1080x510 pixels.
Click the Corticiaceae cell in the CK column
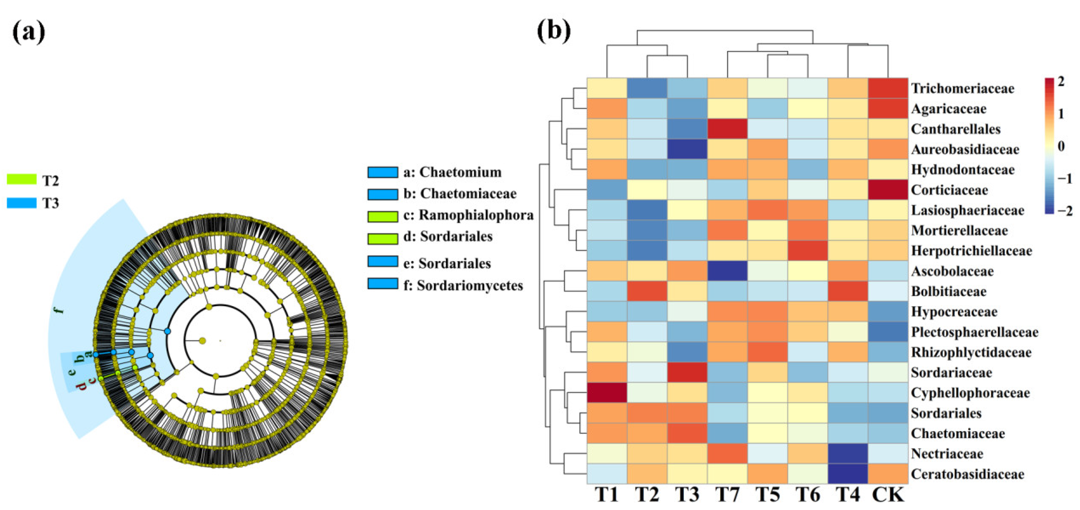(x=888, y=190)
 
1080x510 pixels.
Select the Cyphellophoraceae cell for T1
(x=607, y=393)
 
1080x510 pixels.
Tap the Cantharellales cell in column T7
(x=727, y=129)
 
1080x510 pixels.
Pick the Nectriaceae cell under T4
(x=848, y=453)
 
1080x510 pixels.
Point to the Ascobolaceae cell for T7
(x=727, y=271)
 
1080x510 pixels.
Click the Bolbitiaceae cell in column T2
(x=647, y=291)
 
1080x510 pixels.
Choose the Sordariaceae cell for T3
(x=687, y=372)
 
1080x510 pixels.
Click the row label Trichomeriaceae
(x=963, y=88)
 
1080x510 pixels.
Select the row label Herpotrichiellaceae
(x=971, y=251)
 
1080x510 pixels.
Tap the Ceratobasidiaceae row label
(x=967, y=474)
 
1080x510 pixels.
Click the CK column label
(x=888, y=495)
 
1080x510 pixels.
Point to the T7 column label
(x=727, y=495)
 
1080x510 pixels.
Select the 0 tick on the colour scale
(x=1061, y=146)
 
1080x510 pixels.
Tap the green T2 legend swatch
(x=22, y=179)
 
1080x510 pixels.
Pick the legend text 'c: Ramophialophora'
(x=468, y=215)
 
